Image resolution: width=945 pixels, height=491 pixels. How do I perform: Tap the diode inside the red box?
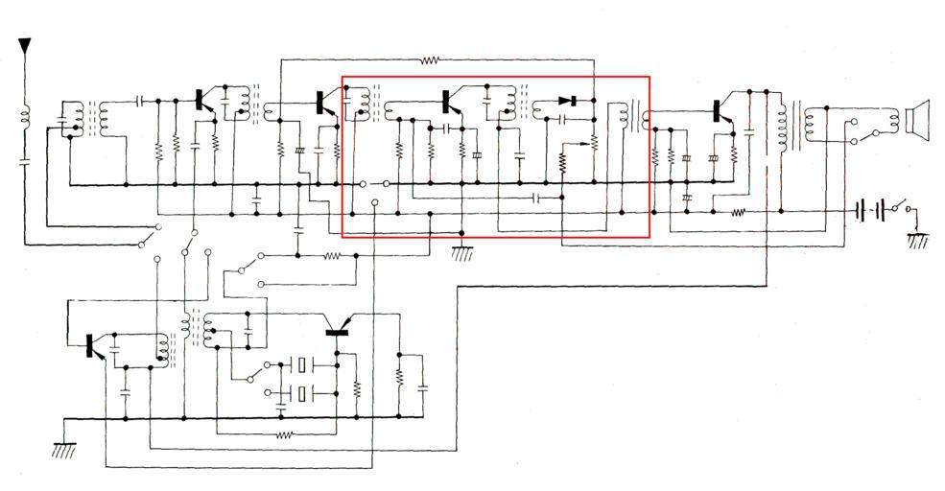tap(566, 101)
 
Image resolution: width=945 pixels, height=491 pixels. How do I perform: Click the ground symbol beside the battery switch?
tap(918, 241)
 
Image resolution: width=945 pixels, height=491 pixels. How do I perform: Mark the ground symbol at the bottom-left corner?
tap(65, 449)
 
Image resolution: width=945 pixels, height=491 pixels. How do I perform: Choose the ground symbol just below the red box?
tap(462, 253)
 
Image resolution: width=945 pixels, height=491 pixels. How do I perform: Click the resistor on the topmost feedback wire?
tap(430, 59)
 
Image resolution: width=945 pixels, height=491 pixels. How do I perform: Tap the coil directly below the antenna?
tap(25, 119)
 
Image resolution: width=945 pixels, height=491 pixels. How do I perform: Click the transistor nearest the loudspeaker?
tap(720, 111)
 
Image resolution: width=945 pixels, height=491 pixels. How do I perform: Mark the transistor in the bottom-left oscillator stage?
tap(93, 347)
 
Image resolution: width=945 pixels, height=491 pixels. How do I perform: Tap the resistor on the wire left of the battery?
tap(738, 212)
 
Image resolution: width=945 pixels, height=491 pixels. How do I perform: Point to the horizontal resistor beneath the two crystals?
tap(284, 435)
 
